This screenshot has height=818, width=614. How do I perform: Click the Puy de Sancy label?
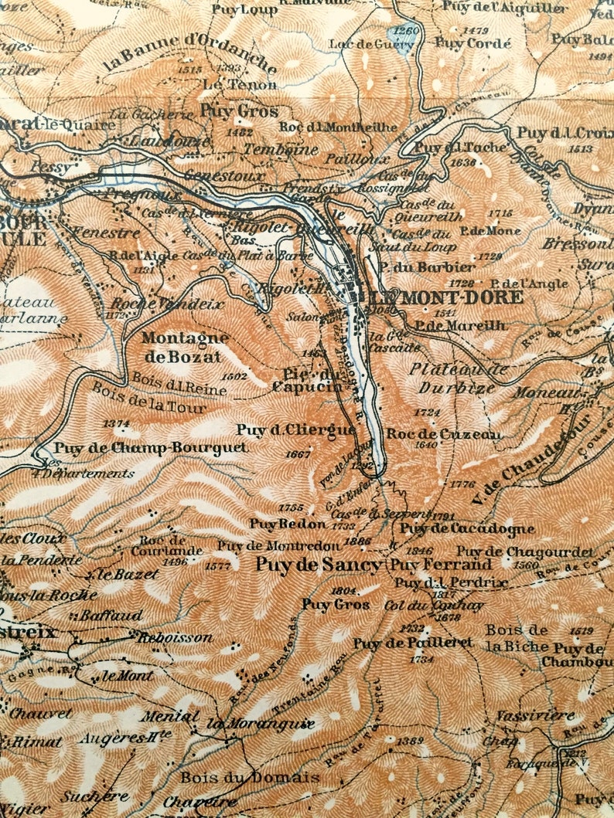(319, 565)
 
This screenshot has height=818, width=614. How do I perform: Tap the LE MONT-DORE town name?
(446, 297)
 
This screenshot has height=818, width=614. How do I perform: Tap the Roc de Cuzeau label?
(443, 434)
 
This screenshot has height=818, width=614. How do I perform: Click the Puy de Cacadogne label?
(467, 529)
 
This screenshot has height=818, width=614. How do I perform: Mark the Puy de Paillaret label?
(412, 643)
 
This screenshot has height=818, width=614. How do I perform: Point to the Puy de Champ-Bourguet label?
(151, 447)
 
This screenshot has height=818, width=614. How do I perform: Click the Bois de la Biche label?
(516, 637)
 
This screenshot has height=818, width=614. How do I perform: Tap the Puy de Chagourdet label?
(525, 552)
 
